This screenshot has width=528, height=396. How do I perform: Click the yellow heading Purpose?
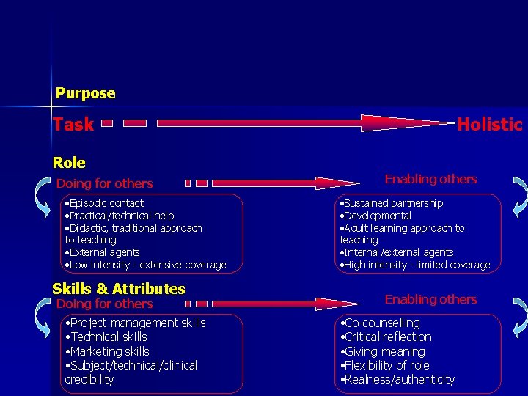86,93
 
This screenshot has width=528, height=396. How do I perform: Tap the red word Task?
73,125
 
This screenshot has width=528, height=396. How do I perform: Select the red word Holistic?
489,125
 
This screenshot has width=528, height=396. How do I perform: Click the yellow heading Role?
69,162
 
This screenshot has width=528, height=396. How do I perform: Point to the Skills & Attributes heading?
119,288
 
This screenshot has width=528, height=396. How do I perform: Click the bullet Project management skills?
136,323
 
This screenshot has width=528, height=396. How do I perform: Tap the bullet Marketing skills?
107,351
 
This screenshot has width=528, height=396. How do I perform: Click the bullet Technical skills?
107,337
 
